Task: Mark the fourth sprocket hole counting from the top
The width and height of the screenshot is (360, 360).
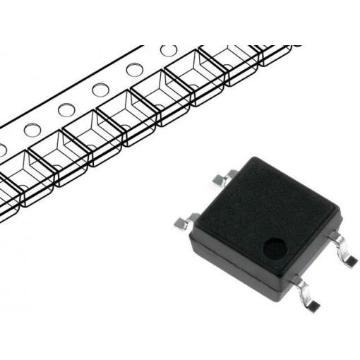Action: [x=66, y=109]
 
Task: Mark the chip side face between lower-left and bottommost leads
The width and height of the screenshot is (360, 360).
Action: [x=233, y=261]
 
